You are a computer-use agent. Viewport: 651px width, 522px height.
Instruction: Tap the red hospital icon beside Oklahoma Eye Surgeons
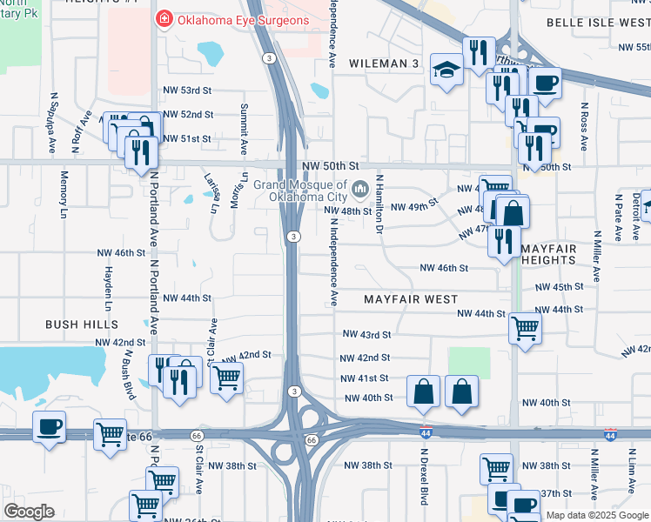pyautogui.click(x=163, y=18)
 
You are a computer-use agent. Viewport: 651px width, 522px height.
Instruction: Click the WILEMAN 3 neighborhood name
pyautogui.click(x=385, y=64)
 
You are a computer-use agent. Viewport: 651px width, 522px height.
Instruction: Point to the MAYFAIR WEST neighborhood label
pyautogui.click(x=411, y=298)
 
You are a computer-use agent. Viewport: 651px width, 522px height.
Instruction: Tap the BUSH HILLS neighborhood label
pyautogui.click(x=82, y=324)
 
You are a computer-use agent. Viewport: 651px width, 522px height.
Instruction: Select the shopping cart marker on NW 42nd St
pyautogui.click(x=225, y=378)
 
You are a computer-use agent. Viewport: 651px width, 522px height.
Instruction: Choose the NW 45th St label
pyautogui.click(x=559, y=287)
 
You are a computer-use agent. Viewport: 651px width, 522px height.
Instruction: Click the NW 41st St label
pyautogui.click(x=365, y=378)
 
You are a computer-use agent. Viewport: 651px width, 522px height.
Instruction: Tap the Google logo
pyautogui.click(x=29, y=512)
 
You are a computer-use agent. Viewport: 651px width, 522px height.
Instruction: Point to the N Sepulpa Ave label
pyautogui.click(x=52, y=117)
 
